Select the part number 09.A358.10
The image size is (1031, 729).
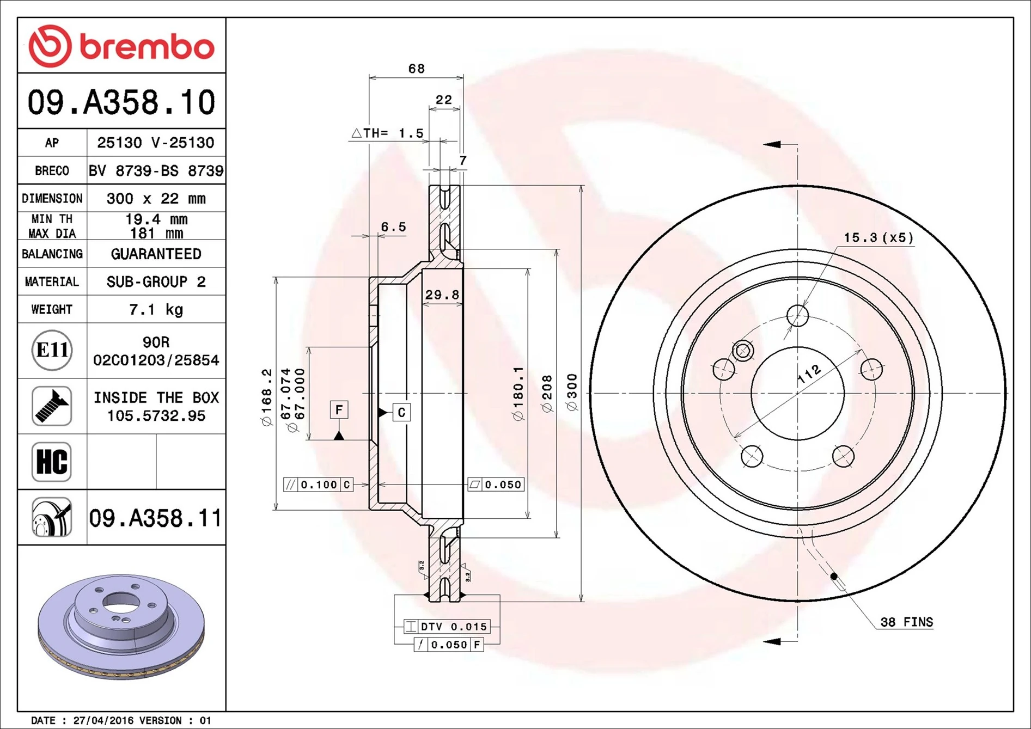pos(121,102)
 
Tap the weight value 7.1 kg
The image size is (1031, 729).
pos(156,310)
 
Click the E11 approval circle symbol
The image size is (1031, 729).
pos(52,350)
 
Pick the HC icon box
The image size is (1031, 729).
pos(52,462)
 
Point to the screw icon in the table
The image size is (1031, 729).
pos(52,406)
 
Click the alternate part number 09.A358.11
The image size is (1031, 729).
pos(155,518)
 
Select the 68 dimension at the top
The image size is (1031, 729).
pos(416,69)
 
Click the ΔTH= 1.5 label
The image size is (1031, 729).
pos(388,133)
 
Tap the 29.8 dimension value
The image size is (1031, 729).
pos(442,295)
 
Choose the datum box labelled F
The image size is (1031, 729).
pos(339,409)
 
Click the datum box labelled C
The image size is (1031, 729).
pos(401,413)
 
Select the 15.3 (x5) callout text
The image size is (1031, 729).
pos(878,238)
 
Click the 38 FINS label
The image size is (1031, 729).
pos(906,622)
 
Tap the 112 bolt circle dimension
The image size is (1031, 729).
pos(809,374)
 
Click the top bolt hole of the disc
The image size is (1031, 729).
pos(797,315)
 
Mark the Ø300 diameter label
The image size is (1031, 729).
pos(572,392)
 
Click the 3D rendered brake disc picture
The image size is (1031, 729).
pos(121,626)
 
